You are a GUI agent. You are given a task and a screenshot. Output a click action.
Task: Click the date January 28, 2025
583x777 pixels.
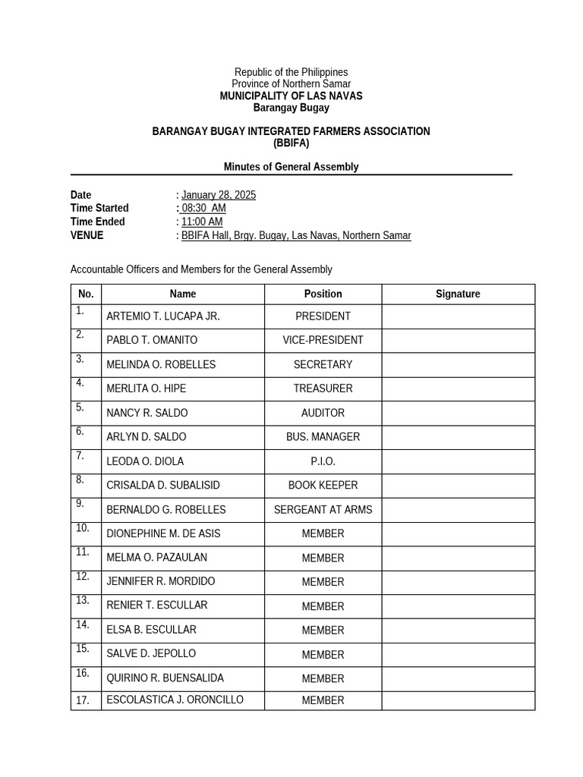point(219,195)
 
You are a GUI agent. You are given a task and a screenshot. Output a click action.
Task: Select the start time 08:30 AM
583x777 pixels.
point(203,208)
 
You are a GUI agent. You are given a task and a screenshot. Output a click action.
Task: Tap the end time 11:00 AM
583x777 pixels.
point(202,222)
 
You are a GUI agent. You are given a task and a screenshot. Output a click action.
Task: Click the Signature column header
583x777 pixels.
point(458,294)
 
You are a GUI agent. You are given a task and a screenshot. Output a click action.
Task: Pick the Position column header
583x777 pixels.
point(323,294)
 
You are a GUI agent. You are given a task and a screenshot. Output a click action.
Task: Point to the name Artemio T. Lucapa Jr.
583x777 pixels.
point(163,316)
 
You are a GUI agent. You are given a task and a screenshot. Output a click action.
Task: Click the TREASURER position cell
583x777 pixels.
point(323,388)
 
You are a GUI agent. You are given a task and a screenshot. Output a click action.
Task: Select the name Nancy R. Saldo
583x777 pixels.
point(147,413)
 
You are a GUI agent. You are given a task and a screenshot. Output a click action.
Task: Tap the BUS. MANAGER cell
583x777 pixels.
point(323,437)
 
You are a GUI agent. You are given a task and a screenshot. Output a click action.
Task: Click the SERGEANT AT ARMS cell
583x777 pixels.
point(323,510)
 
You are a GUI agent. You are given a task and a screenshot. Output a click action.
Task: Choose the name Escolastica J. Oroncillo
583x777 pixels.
point(175,700)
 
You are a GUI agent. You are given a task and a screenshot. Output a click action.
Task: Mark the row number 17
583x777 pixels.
point(84,700)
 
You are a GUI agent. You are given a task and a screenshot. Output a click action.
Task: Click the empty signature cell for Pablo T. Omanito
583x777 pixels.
point(458,341)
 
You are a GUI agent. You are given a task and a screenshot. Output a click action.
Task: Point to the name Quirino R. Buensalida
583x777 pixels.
point(165,678)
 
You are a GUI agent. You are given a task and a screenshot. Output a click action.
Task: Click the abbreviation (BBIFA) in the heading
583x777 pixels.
point(291,143)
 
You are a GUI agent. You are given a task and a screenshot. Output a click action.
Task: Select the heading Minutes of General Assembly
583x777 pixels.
point(291,167)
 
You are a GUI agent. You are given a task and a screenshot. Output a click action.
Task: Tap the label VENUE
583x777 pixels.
point(87,235)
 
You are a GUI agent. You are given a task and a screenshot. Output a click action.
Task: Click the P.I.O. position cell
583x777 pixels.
point(323,461)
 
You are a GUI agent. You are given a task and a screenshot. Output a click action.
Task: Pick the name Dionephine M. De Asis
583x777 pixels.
point(163,533)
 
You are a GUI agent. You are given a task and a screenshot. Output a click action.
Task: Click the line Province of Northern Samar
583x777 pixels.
point(291,83)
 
